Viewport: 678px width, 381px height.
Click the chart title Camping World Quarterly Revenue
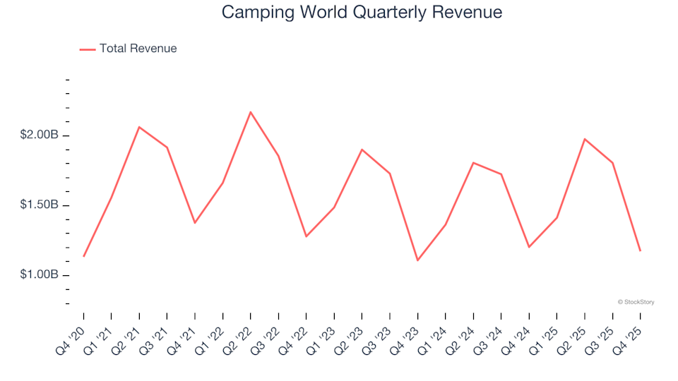(362, 12)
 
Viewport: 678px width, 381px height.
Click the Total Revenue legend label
(138, 49)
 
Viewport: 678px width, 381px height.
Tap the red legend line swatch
(88, 49)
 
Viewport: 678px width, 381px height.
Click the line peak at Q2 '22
(251, 112)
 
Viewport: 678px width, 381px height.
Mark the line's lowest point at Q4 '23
(417, 260)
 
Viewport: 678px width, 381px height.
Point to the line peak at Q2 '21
(139, 127)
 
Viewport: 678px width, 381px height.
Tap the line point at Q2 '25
(585, 139)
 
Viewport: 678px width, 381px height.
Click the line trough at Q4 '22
(307, 236)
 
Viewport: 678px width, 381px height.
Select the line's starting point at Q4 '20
(84, 256)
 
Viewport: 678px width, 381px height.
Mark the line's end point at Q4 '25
(640, 250)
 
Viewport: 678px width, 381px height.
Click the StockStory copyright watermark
(636, 302)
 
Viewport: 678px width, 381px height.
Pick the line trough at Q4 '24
(529, 247)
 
